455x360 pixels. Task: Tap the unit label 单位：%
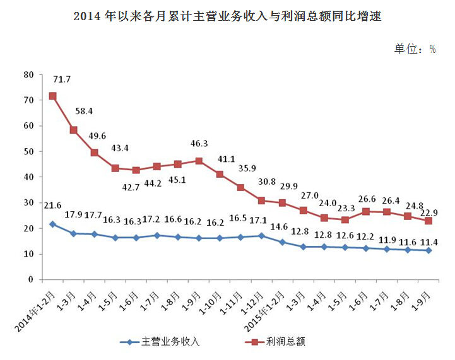click(415, 49)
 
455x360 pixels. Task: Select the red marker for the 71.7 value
click(53, 96)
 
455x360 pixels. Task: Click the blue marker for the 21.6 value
click(53, 224)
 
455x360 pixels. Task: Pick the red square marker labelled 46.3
click(199, 161)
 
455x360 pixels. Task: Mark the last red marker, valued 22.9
click(428, 221)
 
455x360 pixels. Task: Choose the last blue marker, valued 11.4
click(428, 250)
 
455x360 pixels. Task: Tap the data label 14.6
click(282, 226)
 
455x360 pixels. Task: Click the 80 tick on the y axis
click(28, 74)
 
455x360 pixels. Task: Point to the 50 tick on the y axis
click(28, 151)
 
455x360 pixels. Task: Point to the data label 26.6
click(366, 200)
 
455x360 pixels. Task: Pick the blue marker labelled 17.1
click(261, 236)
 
